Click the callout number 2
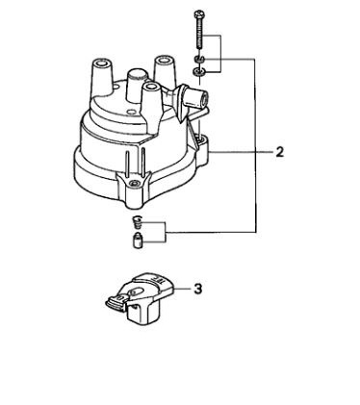coord(280,152)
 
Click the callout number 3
coord(198,289)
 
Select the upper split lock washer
coord(198,59)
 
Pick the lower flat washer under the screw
coord(198,72)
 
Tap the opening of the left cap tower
coord(102,62)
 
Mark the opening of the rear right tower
coord(164,60)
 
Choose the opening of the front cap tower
coord(151,86)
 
